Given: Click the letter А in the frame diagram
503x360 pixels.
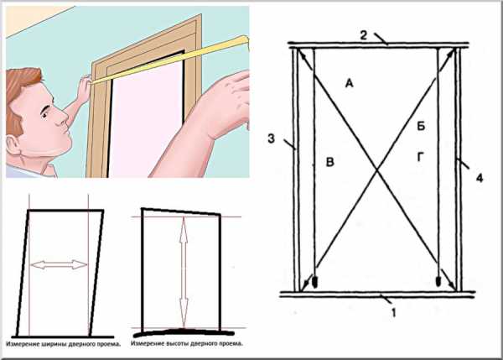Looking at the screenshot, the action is point(349,84).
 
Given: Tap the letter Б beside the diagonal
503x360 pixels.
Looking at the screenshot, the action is point(421,126).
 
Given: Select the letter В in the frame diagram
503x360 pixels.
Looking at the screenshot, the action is point(329,162).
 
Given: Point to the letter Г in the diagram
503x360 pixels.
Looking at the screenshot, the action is point(421,157).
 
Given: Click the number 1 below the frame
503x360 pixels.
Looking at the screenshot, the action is point(394,312).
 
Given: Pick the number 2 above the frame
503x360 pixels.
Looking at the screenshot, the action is point(363,35).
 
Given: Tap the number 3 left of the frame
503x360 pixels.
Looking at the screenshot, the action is point(272,138).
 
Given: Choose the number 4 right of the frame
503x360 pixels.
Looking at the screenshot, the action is point(480,178).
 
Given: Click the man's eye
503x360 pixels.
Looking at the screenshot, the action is point(44,114).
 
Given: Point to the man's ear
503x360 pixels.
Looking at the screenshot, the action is point(13,145).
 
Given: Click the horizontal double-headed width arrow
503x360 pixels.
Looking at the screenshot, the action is point(59,264).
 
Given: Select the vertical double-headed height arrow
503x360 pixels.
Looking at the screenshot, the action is point(184,272).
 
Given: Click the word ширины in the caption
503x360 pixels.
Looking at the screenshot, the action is point(52,344).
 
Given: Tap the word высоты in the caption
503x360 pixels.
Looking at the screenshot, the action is point(178,343).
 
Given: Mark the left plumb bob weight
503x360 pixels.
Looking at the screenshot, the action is point(315,282).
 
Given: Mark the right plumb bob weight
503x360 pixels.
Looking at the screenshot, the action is point(438,281).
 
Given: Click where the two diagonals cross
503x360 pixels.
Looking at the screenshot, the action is point(377,171).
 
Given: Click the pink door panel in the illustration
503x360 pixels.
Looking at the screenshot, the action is point(146,122).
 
